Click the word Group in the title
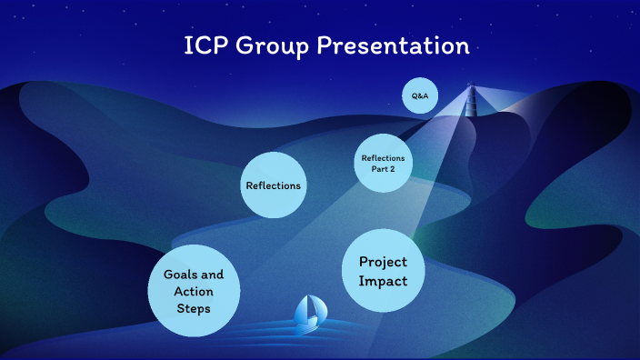click(x=268, y=46)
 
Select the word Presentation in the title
click(x=394, y=46)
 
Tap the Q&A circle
click(x=421, y=95)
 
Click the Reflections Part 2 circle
click(x=383, y=164)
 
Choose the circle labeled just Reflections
click(x=273, y=185)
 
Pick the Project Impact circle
click(x=383, y=272)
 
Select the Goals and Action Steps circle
click(x=194, y=291)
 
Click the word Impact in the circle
click(x=383, y=282)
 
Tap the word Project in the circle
click(x=383, y=262)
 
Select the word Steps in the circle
click(x=194, y=308)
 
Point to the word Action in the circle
click(x=194, y=291)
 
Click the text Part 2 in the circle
click(x=383, y=169)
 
